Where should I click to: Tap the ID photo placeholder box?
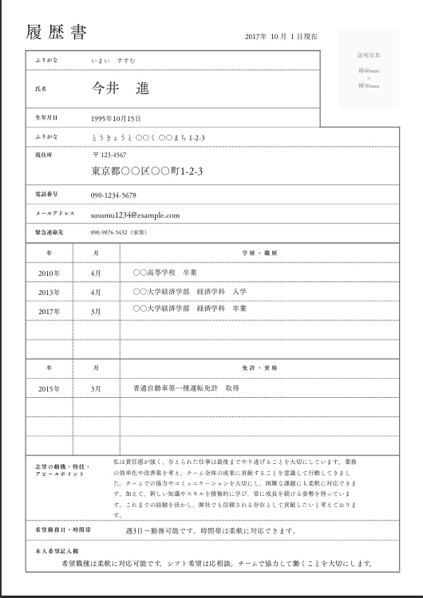tap(369, 69)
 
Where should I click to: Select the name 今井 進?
tap(120, 88)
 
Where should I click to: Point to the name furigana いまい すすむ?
tap(114, 61)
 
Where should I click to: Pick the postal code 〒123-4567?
tap(109, 155)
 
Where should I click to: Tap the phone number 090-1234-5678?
tap(113, 195)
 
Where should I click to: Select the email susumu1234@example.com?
tap(135, 215)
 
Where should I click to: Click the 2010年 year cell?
tap(49, 273)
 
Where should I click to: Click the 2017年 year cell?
tap(49, 310)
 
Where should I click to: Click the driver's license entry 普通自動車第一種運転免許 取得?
tap(187, 388)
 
